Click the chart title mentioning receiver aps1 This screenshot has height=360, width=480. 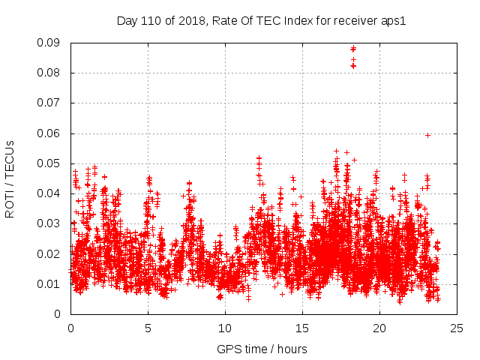pyautogui.click(x=261, y=21)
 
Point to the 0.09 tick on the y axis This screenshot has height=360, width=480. pyautogui.click(x=49, y=43)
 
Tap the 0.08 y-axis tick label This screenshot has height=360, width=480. pyautogui.click(x=49, y=73)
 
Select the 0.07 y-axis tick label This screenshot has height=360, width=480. pyautogui.click(x=49, y=103)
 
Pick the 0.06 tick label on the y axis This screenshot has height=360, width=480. pyautogui.click(x=49, y=133)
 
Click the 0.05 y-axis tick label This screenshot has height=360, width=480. pyautogui.click(x=49, y=163)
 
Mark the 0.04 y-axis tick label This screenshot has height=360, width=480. pyautogui.click(x=49, y=193)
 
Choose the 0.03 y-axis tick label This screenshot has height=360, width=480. pyautogui.click(x=49, y=223)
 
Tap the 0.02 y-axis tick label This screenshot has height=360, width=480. pyautogui.click(x=49, y=253)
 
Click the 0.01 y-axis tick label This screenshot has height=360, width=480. pyautogui.click(x=49, y=283)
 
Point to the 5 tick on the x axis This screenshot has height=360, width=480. pyautogui.click(x=148, y=328)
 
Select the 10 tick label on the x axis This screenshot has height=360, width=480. pyautogui.click(x=225, y=328)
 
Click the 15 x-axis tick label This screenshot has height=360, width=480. pyautogui.click(x=302, y=328)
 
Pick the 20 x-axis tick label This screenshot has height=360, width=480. pyautogui.click(x=379, y=328)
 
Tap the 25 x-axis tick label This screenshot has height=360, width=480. pyautogui.click(x=457, y=328)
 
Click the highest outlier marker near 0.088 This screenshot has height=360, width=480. pyautogui.click(x=353, y=49)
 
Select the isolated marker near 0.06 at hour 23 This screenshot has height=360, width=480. pyautogui.click(x=427, y=135)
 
